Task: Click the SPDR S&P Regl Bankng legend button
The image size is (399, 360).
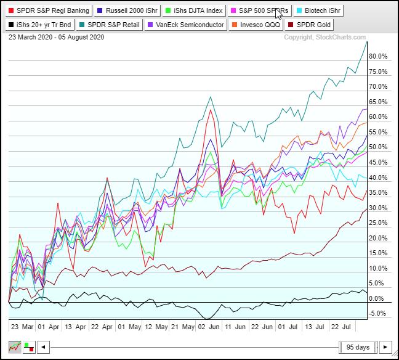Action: coord(49,10)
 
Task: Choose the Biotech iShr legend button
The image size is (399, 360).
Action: coord(318,10)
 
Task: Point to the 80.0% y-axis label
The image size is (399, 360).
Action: coord(377,57)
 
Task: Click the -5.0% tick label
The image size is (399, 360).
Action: coord(377,314)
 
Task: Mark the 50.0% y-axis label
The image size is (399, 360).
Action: coord(377,147)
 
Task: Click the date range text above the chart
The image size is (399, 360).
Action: coord(57,38)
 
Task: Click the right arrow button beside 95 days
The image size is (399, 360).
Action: coord(385,347)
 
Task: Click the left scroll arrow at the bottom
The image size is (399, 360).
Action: coord(43,347)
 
